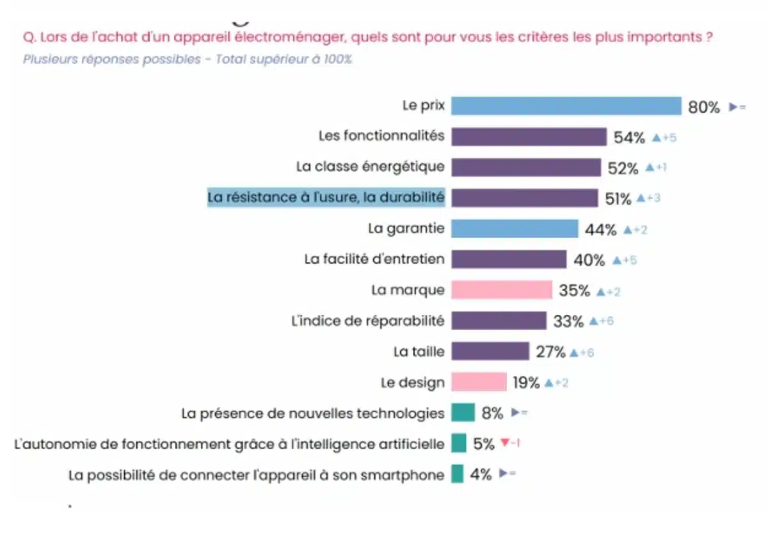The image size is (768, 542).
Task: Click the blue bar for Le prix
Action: [x=566, y=106]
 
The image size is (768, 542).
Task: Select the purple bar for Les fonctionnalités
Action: [x=529, y=137]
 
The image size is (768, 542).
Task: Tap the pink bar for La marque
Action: [x=501, y=290]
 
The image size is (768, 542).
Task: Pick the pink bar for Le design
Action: [x=479, y=382]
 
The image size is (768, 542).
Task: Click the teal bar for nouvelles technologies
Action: [x=463, y=413]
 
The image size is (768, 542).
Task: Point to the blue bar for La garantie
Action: [x=515, y=228]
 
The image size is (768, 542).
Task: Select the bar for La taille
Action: [x=490, y=351]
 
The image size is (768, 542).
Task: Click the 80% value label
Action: [x=704, y=107]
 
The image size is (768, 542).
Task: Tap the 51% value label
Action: [x=618, y=198]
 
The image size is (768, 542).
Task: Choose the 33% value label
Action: [x=568, y=321]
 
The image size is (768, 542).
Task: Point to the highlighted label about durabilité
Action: [x=326, y=198]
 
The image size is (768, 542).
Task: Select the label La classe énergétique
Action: [x=370, y=167]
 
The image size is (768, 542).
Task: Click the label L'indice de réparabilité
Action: [x=367, y=321]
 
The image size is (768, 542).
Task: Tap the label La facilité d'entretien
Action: [x=374, y=259]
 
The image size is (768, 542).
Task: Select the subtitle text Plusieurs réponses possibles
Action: [x=111, y=60]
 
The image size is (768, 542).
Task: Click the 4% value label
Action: [x=481, y=474]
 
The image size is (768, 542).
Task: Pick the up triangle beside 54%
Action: [x=656, y=137]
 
